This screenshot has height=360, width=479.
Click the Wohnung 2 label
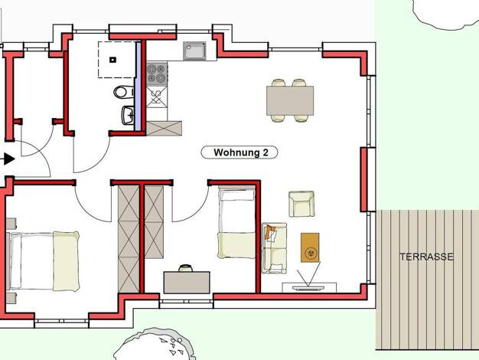pos(239,152)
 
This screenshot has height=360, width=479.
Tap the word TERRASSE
pos(426,257)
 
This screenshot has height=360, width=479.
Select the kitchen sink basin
pos(194,51)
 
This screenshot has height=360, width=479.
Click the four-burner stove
pos(157,74)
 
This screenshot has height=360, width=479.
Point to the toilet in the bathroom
pos(124,92)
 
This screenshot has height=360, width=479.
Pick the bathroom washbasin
pos(128,115)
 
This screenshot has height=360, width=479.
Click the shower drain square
pos(112,60)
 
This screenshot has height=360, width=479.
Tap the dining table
pos(290,100)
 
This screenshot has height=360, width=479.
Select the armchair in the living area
pos(301,204)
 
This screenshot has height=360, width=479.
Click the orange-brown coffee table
pos(310,247)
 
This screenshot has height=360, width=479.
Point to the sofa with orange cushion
pos(275,248)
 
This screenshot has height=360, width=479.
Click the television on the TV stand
pos(309,288)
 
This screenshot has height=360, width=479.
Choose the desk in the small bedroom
pos(187,283)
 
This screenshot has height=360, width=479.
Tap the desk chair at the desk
pos(185,268)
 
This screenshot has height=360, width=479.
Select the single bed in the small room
pos(236,224)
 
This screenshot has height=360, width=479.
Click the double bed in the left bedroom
pos(44,261)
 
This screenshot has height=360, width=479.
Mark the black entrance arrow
pos(9,159)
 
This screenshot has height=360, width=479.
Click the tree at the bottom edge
pos(154,345)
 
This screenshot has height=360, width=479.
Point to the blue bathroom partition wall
pos(138,87)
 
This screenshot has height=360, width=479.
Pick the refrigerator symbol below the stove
pos(157,97)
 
